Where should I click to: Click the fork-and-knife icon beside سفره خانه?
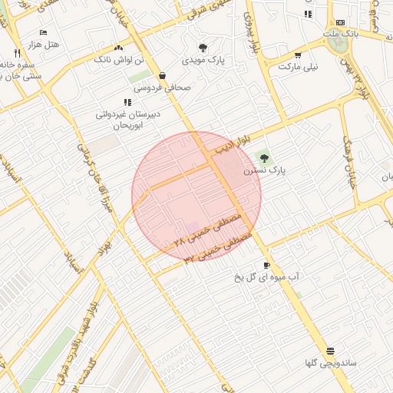click(x=17, y=53)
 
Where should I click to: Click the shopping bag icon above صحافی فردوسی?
click(x=163, y=76)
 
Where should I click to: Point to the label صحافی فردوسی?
click(x=161, y=88)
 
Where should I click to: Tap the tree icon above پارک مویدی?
click(x=203, y=48)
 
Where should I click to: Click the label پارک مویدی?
click(x=203, y=59)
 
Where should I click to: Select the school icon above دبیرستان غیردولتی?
click(x=127, y=101)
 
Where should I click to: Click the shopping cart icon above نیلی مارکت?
click(x=298, y=55)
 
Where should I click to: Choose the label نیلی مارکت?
click(x=297, y=67)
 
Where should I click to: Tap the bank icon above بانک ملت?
click(x=340, y=22)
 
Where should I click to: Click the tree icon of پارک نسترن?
click(x=265, y=158)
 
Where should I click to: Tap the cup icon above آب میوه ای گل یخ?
click(x=266, y=265)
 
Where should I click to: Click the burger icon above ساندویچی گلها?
click(x=330, y=350)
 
